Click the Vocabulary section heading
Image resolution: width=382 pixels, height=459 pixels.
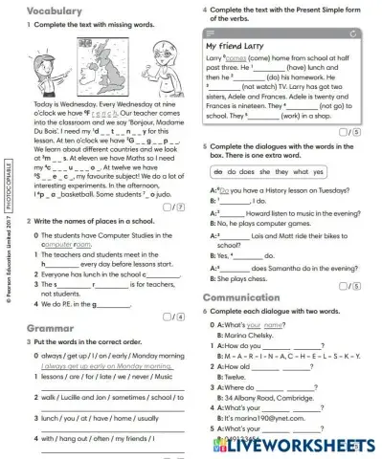[x=38, y=11]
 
